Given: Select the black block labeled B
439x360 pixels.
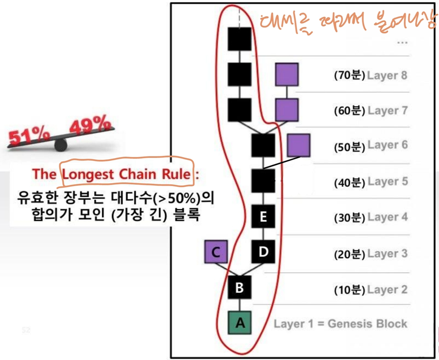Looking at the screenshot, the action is tap(239, 287).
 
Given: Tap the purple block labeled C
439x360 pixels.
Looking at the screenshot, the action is tap(216, 252).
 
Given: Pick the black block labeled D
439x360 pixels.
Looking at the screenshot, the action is tap(263, 252).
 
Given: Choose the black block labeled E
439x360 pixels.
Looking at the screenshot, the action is tap(263, 217).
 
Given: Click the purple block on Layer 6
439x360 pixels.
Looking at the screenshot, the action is tap(298, 145).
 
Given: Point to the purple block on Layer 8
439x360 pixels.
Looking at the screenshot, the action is tap(286, 75).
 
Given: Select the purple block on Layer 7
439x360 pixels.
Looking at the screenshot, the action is tap(286, 110).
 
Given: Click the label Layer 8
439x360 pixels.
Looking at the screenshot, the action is tap(387, 75).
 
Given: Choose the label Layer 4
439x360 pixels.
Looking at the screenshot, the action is tap(387, 217).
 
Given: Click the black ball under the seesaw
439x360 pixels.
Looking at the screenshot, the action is tap(61, 145).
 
